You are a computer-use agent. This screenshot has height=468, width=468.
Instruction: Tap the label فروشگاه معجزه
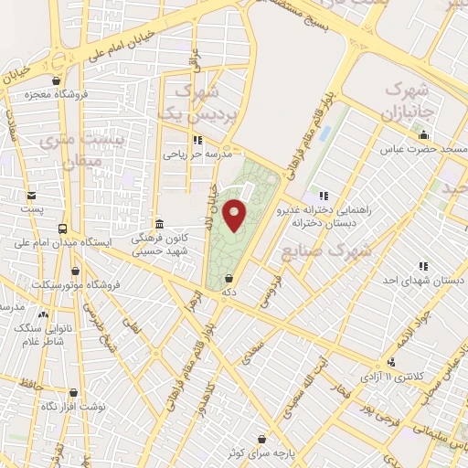(85, 94)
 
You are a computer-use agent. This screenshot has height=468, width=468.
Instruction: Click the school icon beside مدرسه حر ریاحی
(197, 140)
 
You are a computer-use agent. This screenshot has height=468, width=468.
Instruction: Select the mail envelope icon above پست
(33, 196)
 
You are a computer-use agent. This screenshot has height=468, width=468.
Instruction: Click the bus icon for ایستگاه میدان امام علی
(62, 229)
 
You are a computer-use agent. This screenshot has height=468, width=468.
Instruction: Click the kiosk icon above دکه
(228, 279)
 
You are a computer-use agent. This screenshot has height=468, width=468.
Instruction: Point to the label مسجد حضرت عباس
(425, 147)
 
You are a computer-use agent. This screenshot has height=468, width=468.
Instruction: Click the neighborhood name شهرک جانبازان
(408, 102)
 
